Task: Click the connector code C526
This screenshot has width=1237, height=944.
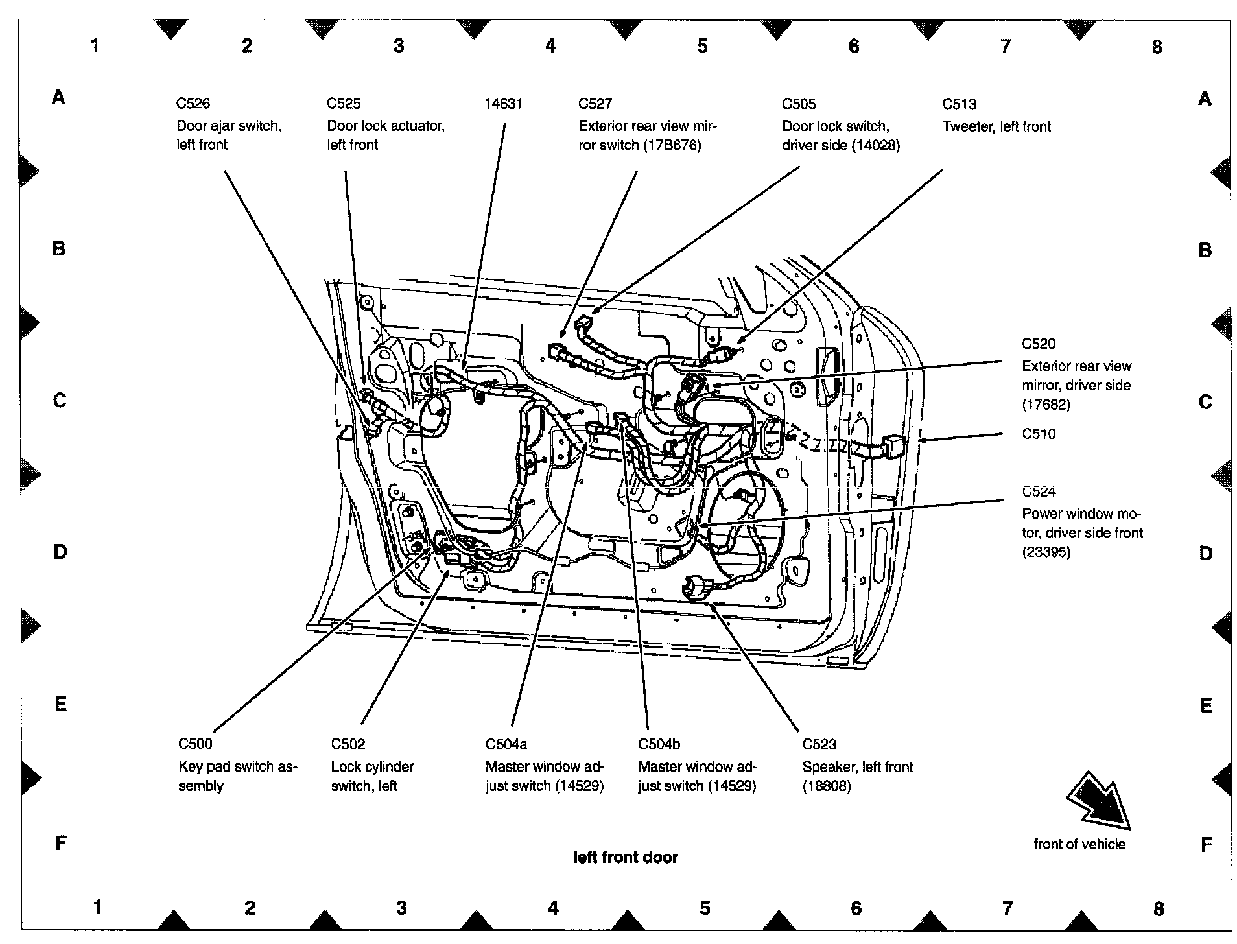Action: point(193,104)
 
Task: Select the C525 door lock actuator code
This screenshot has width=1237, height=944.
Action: point(344,104)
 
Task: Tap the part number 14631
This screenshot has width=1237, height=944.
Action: point(503,104)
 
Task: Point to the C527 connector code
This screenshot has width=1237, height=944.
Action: point(595,104)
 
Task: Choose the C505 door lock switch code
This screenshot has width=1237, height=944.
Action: point(799,104)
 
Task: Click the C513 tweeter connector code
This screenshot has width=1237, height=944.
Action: point(959,104)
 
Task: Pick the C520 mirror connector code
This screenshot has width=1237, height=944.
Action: point(1039,344)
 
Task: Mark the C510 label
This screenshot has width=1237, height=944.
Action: point(1039,434)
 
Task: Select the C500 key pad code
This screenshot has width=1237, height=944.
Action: point(195,744)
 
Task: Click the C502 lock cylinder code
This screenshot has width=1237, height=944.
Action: point(348,744)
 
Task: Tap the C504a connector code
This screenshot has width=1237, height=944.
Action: point(506,744)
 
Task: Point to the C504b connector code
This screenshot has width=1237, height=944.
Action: point(659,744)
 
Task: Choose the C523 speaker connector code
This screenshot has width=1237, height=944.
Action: point(819,744)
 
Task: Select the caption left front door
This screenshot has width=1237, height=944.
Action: point(626,857)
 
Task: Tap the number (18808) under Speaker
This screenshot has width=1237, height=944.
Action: point(827,786)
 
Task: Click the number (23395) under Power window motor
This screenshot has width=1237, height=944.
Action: point(1046,552)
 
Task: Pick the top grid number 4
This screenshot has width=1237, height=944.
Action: point(550,46)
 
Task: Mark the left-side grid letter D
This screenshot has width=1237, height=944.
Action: point(60,552)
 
